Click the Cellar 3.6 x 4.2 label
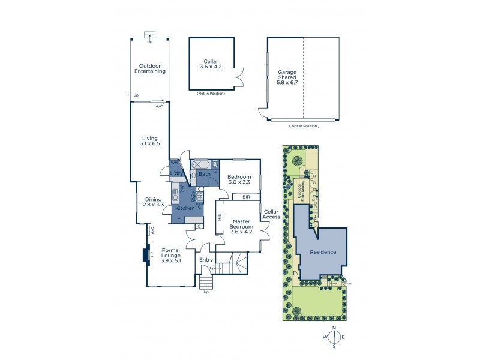click(x=211, y=64)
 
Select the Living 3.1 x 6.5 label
click(x=150, y=142)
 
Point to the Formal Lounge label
click(x=171, y=255)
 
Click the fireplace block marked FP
click(x=145, y=255)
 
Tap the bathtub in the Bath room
click(x=200, y=164)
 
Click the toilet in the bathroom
click(x=214, y=164)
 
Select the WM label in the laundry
click(x=173, y=163)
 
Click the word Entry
click(x=206, y=259)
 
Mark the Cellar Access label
click(x=271, y=214)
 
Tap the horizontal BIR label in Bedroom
click(x=246, y=197)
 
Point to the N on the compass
click(x=335, y=328)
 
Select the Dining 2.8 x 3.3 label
click(x=153, y=202)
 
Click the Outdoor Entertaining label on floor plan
click(x=150, y=69)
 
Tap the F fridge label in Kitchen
click(x=178, y=220)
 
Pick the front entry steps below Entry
click(x=206, y=282)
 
